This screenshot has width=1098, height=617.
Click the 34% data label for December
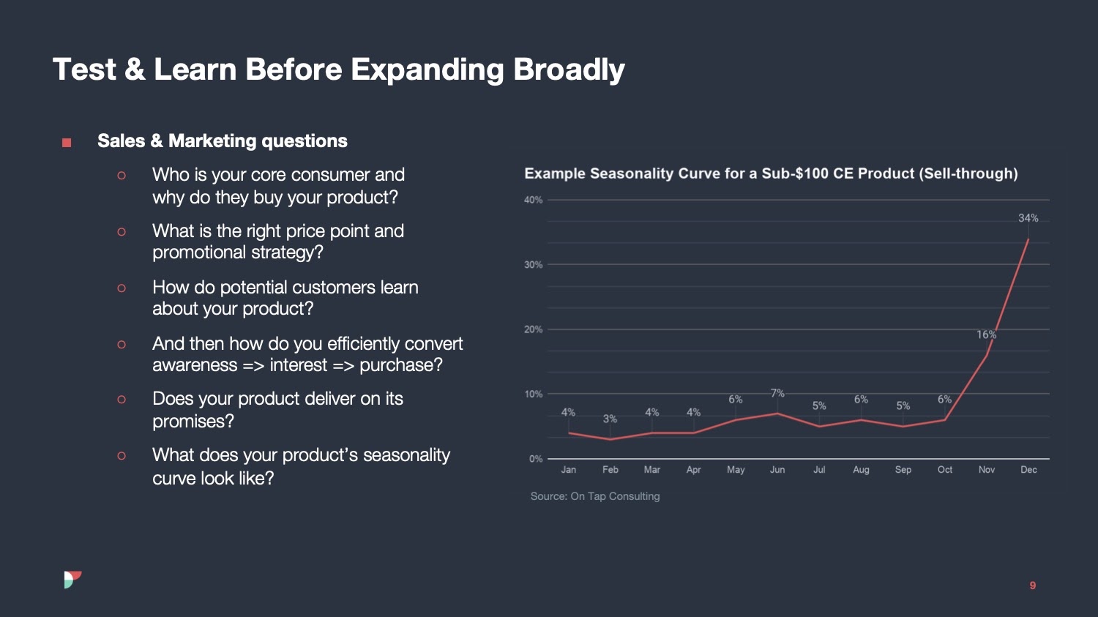[1028, 218]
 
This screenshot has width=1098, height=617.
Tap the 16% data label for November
[986, 334]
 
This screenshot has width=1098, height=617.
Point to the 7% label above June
[777, 394]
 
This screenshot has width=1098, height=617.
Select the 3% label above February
[610, 419]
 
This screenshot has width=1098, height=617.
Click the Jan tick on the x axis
[568, 470]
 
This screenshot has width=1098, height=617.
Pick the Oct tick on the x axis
[944, 470]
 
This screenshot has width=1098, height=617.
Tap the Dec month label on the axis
[1028, 470]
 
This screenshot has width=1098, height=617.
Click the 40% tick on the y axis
[533, 200]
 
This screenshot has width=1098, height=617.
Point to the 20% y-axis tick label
[533, 329]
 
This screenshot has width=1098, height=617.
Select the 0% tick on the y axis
[536, 459]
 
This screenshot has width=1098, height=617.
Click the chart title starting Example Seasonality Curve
[771, 173]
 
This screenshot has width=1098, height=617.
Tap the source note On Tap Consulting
[595, 496]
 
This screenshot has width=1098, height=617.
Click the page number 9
[1033, 586]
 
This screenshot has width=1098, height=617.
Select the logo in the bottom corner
[72, 580]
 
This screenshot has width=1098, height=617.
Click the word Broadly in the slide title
[569, 70]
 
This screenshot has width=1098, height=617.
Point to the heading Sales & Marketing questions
[223, 141]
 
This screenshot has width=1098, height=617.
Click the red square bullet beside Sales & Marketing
[67, 143]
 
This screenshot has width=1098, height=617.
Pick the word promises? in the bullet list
[193, 422]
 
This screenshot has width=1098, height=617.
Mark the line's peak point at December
[1028, 239]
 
